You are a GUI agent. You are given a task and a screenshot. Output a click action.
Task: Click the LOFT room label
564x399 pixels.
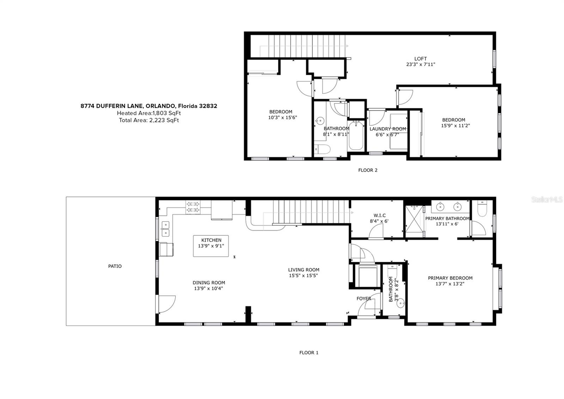421,59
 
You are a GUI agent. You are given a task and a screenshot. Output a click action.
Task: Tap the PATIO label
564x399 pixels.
115,266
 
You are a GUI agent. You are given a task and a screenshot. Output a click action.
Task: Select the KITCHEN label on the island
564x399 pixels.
211,240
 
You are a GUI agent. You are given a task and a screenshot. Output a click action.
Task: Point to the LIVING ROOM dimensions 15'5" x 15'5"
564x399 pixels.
304,276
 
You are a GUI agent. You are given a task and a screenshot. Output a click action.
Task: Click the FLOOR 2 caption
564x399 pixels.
368,170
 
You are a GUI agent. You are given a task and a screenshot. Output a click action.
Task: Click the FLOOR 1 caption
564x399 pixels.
309,353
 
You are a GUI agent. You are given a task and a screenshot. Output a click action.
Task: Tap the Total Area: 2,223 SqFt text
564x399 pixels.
149,120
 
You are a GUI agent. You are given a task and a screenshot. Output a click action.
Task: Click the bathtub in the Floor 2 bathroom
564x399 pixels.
356,136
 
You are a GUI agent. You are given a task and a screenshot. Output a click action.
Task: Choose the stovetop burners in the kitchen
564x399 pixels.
193,207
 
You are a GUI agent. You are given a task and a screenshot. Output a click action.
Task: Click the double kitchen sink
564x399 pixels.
165,229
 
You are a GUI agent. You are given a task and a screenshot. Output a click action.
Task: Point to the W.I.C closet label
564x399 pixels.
379,216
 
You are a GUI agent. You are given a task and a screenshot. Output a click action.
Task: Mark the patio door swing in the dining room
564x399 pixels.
166,304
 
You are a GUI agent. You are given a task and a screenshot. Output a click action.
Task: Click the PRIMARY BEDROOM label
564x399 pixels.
450,278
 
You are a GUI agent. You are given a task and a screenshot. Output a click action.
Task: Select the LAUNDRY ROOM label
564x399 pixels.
388,129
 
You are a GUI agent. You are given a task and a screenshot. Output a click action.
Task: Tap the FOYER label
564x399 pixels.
364,299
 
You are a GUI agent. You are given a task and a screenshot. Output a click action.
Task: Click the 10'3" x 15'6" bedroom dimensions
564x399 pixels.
282,117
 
